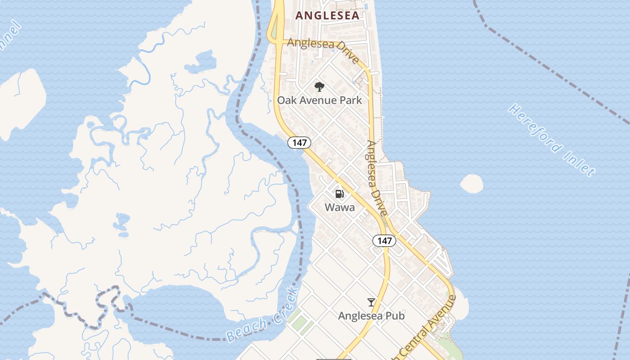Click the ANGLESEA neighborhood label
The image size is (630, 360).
[327, 16]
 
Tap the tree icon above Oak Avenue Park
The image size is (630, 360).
[319, 86]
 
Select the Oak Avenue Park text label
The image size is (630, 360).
[319, 100]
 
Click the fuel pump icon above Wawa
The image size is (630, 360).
[340, 194]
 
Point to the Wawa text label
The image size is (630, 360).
[340, 207]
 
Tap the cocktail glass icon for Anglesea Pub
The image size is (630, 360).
[371, 302]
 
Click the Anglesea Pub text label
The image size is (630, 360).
[371, 316]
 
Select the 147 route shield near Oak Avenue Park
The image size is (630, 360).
[299, 143]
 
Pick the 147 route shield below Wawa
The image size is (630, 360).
[384, 241]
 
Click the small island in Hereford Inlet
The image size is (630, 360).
[472, 184]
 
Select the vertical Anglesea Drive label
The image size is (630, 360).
[377, 178]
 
